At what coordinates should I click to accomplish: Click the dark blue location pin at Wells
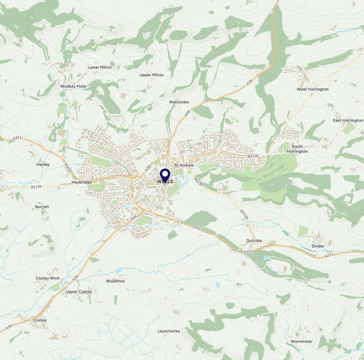165,175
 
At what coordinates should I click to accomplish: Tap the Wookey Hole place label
73,86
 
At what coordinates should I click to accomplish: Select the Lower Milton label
100,67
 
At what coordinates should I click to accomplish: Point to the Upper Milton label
151,75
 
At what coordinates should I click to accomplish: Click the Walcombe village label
179,102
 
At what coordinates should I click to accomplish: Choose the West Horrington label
312,89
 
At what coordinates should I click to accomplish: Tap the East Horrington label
348,120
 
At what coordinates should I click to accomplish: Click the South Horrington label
297,149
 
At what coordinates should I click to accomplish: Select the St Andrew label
184,165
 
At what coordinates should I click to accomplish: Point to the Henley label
43,164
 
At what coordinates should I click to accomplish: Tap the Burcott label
42,206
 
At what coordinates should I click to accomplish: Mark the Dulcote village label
254,240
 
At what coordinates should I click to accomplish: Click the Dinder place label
318,246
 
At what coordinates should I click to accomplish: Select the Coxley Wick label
48,278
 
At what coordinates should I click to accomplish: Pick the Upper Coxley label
79,291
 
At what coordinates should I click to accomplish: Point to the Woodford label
115,281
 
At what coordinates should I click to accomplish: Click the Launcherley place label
169,331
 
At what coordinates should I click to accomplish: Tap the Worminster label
301,341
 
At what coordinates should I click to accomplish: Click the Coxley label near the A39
40,320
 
